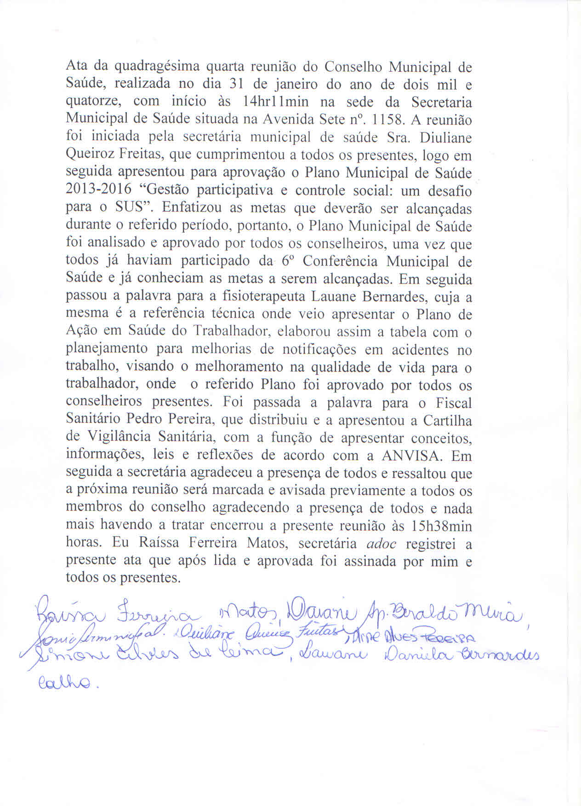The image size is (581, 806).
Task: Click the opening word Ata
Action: tap(74, 67)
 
